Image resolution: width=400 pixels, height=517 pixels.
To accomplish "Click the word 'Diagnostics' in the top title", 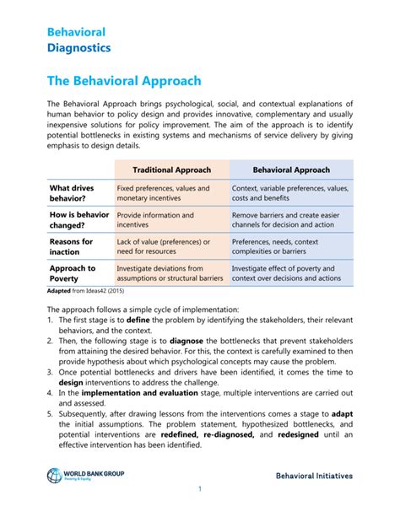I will point(78,48).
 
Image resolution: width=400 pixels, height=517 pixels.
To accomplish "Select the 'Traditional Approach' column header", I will point(171,170).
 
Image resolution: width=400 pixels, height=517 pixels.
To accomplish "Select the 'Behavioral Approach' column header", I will point(291,170).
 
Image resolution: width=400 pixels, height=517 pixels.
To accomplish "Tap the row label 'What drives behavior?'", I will point(72,194).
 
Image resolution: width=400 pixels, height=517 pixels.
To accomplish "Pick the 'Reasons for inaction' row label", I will point(71,246).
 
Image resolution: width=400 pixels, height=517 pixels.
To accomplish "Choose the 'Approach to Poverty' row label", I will point(73,273).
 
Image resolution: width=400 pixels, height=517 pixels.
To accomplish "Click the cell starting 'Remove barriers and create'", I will point(290,220).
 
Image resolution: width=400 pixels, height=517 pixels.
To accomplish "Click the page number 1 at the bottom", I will point(200,489).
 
